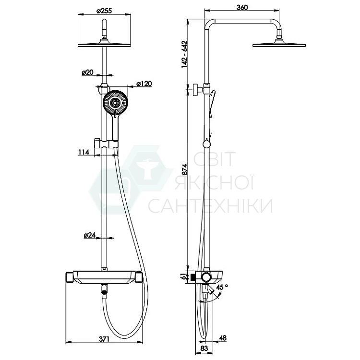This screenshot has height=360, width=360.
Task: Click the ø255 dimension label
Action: click(x=104, y=11)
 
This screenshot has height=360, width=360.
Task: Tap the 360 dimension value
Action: click(x=242, y=7)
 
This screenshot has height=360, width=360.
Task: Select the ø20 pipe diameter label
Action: click(x=88, y=72)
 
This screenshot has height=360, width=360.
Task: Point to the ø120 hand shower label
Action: click(x=144, y=84)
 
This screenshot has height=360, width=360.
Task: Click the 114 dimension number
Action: click(x=84, y=152)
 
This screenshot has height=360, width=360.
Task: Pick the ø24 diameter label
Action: click(x=90, y=235)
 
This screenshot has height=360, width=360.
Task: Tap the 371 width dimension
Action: click(x=104, y=339)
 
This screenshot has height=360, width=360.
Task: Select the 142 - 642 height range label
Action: click(x=184, y=54)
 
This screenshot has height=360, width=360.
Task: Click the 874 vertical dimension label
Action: click(x=185, y=169)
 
